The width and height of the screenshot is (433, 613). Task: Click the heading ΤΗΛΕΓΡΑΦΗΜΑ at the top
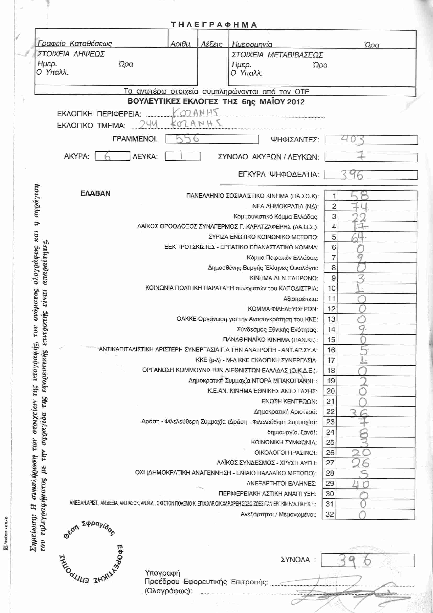214,25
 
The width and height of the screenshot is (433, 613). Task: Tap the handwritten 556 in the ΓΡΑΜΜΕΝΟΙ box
187,139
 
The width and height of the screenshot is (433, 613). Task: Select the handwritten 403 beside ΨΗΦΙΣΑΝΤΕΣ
352,140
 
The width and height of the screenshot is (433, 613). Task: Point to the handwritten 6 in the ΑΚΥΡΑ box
107,156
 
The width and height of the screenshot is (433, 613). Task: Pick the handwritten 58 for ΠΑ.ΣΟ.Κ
359,196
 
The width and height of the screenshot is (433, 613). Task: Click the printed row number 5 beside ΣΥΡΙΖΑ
334,237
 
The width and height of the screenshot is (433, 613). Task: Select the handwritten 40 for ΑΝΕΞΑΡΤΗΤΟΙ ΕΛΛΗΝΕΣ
360,484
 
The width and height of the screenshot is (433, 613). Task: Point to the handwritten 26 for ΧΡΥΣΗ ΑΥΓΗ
360,463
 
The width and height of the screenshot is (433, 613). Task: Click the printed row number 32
330,514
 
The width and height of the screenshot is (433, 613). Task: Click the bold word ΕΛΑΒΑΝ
95,193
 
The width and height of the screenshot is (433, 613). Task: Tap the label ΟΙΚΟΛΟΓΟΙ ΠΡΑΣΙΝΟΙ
285,453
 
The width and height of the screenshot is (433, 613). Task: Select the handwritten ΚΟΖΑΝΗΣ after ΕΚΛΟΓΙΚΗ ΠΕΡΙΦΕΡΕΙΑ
196,112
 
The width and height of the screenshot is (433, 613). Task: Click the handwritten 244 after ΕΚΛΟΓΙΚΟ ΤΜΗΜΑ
148,124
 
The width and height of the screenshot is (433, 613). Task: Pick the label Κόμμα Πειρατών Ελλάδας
282,258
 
